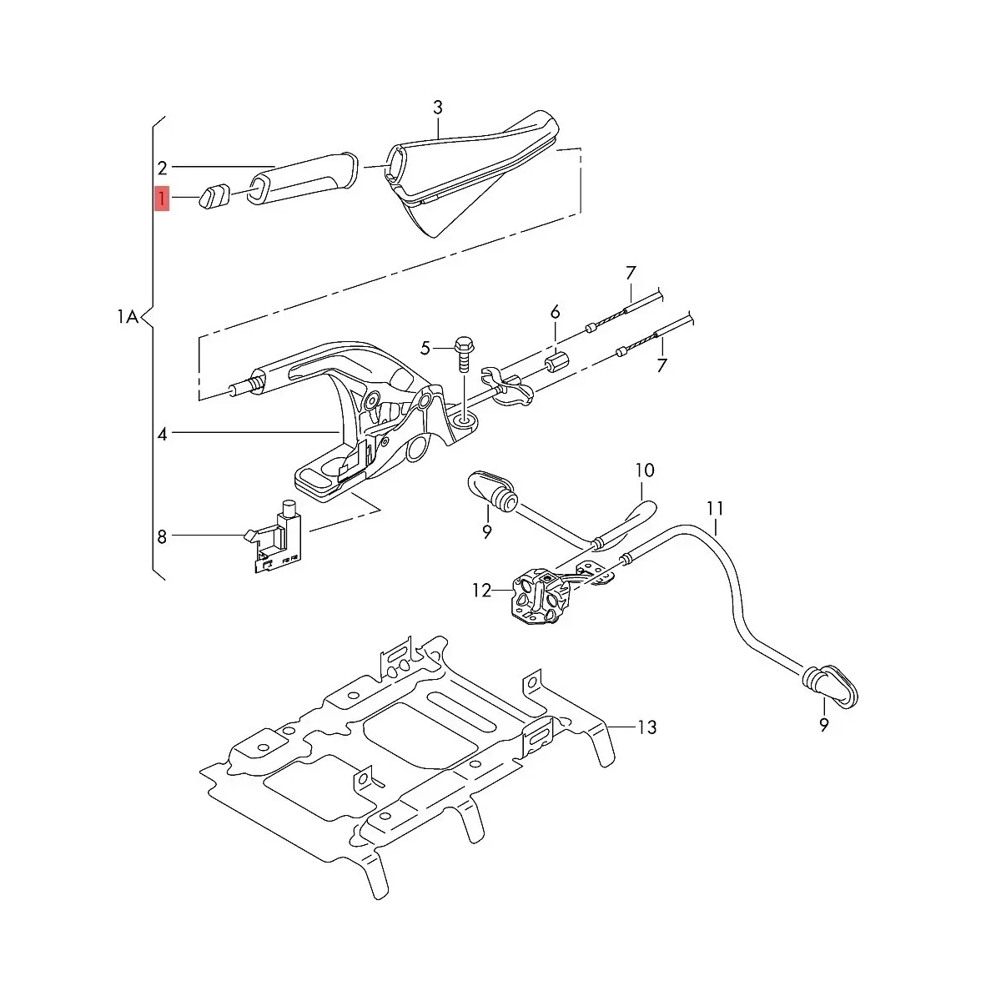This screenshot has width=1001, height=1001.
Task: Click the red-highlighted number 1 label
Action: (162, 199)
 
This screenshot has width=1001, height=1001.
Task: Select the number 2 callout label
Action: (163, 167)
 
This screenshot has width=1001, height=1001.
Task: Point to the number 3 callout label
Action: (438, 108)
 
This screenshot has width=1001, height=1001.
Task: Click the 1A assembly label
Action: (127, 317)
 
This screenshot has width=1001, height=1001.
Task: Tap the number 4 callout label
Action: (163, 434)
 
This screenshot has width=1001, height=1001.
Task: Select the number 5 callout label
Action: (425, 347)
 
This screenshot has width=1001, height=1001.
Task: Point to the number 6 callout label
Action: (555, 313)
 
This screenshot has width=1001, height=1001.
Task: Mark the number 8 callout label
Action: (162, 536)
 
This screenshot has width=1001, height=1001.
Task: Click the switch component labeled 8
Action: (279, 538)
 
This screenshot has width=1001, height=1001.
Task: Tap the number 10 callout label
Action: (646, 470)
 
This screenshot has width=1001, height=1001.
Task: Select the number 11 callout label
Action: (715, 508)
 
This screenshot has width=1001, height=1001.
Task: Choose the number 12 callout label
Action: (482, 591)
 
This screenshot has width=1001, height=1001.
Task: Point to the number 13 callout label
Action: (646, 727)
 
